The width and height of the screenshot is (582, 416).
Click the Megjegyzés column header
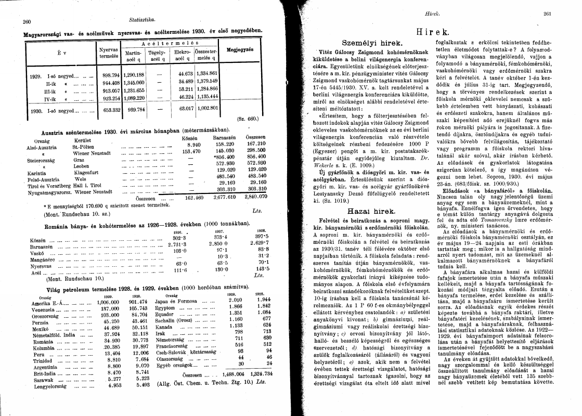tap(240, 50)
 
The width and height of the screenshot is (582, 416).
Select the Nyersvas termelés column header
tap(109, 53)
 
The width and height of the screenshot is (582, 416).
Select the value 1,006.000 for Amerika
tap(108, 302)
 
